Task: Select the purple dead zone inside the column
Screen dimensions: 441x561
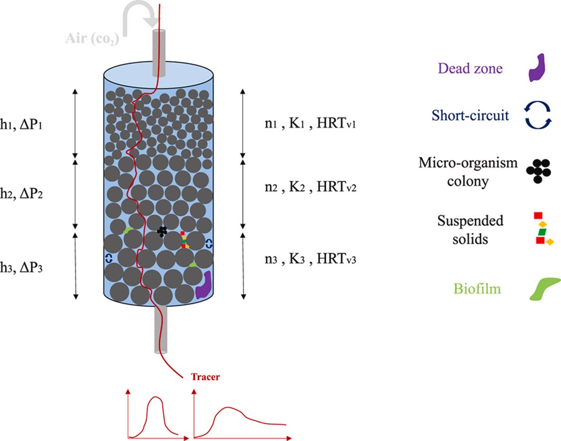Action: tap(203, 285)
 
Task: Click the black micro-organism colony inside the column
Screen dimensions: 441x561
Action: tap(162, 231)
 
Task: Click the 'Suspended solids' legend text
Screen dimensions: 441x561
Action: tap(470, 229)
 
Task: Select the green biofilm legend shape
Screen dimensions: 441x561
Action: tap(544, 289)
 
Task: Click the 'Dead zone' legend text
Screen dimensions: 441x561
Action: tap(470, 68)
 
